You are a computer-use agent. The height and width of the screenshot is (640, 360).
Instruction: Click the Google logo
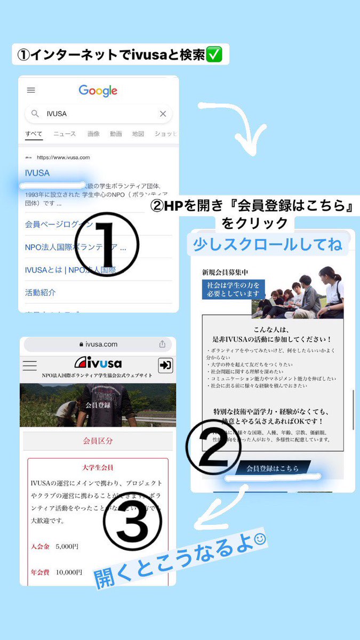(x=98, y=91)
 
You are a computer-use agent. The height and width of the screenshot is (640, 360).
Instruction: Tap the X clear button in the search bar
(x=163, y=114)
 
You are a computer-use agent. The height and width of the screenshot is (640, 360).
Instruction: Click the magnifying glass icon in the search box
(x=35, y=114)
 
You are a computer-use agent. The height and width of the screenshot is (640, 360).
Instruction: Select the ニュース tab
(x=65, y=134)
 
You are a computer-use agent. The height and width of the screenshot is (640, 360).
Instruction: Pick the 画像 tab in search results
(x=93, y=134)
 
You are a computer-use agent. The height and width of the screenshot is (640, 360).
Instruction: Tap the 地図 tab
(x=138, y=134)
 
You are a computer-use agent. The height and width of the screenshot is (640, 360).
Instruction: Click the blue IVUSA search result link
(x=37, y=173)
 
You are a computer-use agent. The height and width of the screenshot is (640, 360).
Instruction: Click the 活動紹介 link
(x=40, y=292)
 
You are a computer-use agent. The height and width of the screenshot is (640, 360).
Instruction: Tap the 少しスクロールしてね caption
(x=268, y=245)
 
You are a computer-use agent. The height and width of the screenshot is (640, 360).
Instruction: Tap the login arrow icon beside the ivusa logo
(x=165, y=365)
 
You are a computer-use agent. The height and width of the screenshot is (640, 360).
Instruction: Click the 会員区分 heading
(x=98, y=441)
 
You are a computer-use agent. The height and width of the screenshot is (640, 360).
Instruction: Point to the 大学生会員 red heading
(x=98, y=467)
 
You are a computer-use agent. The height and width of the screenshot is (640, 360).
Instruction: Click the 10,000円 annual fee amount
(x=68, y=572)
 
